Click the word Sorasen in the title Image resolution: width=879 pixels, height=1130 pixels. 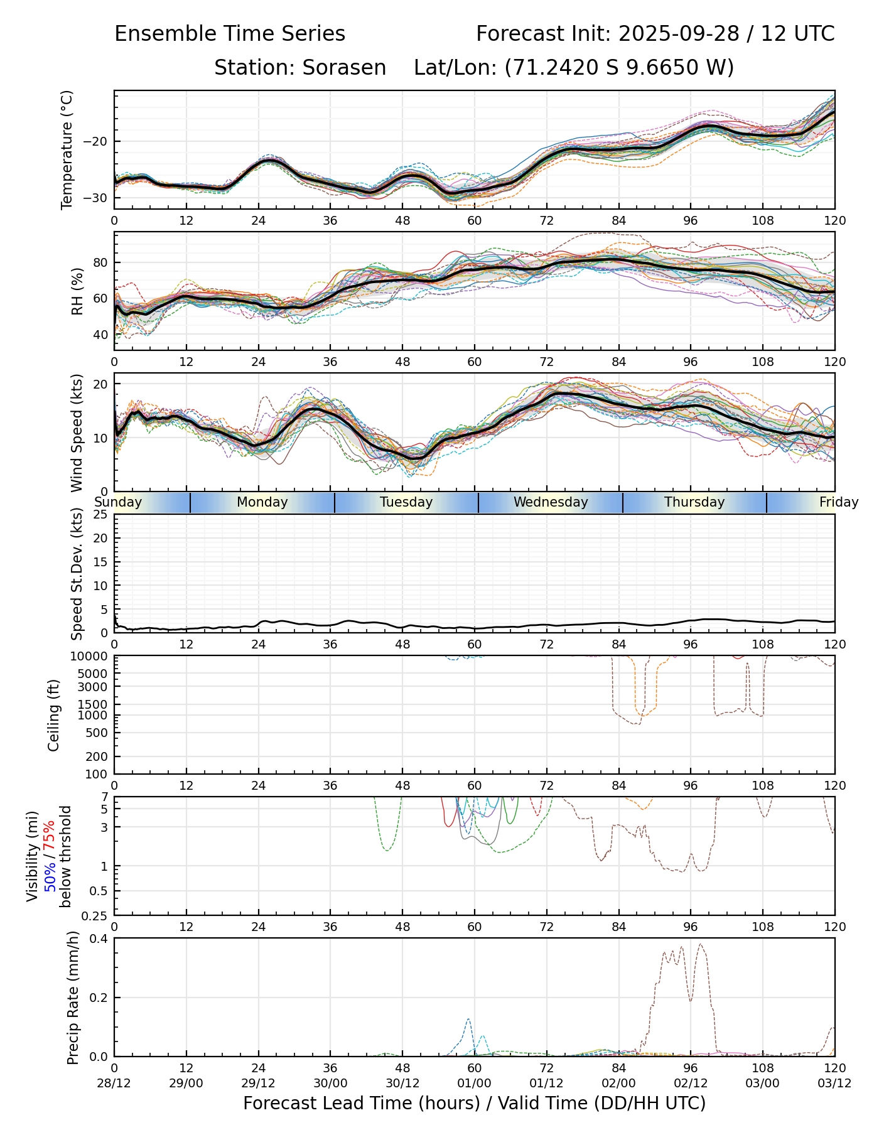point(344,68)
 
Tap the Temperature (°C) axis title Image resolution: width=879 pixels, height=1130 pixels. point(67,149)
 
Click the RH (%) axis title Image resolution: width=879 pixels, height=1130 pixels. point(77,291)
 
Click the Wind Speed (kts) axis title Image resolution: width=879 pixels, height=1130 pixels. point(77,433)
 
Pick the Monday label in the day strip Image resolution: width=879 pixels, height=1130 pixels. point(262,502)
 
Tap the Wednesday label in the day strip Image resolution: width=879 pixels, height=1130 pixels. point(551,502)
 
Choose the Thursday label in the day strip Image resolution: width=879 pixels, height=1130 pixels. point(694,502)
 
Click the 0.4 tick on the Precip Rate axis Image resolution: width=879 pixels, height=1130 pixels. point(100,939)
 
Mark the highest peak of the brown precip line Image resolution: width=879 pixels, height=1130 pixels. point(700,944)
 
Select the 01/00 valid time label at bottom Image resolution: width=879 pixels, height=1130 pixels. point(475,1083)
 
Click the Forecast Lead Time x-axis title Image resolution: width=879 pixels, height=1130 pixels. point(474,1103)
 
